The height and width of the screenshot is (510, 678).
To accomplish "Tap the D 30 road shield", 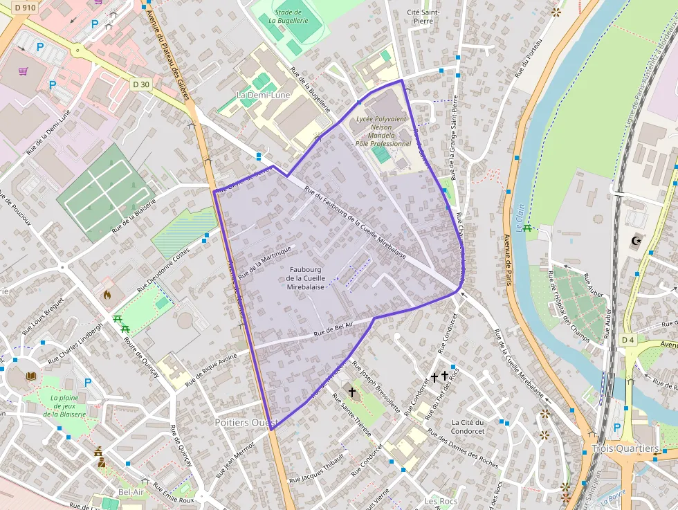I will coord(140,84).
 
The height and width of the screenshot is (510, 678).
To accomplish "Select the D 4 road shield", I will coord(627,340).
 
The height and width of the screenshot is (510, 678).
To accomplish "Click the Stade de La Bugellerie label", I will coord(288,17).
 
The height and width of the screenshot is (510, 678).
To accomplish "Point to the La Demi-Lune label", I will coord(264,95).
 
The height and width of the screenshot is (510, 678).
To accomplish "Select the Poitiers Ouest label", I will coord(246,422).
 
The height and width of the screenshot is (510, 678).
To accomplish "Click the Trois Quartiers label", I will coord(625,449).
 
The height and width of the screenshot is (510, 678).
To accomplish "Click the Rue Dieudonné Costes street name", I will coord(163,269).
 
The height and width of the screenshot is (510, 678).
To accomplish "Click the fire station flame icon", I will coord(107,294).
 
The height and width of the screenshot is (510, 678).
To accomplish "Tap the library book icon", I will coord(30,376).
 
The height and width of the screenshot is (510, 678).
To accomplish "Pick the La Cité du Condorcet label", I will coord(467,426).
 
